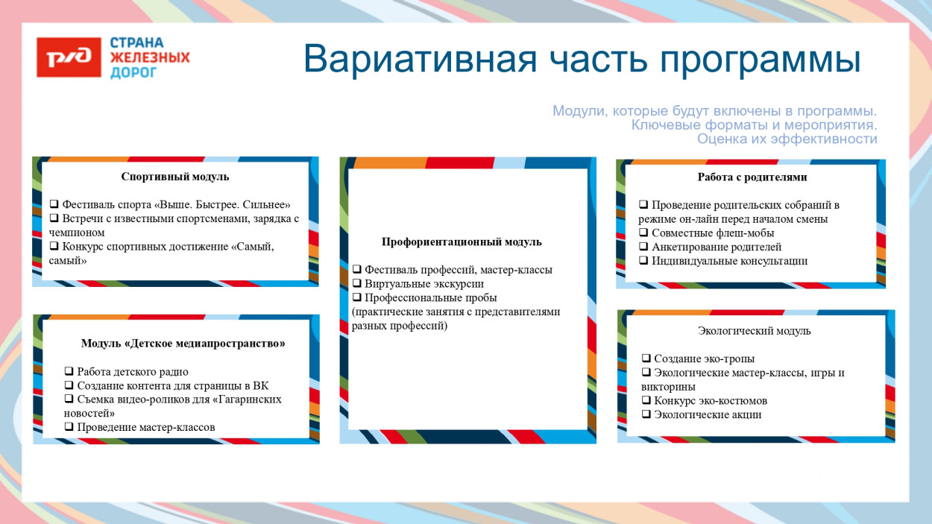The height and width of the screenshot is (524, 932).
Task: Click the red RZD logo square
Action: [69, 57]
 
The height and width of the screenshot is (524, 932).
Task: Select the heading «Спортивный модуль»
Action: [175, 177]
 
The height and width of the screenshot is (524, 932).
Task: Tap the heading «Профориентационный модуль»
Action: [462, 242]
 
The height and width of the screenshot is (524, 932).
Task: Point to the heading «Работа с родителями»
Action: [752, 177]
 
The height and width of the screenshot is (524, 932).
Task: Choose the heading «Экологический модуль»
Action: [754, 331]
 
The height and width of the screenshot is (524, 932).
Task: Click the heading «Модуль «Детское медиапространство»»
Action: [183, 344]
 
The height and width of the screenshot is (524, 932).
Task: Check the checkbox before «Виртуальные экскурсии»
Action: [357, 284]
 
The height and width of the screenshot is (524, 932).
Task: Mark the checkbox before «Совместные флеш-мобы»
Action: [643, 233]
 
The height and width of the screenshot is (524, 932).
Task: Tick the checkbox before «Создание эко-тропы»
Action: [646, 359]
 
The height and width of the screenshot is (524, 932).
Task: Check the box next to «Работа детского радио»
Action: [69, 372]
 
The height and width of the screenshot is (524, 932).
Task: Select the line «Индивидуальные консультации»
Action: [729, 261]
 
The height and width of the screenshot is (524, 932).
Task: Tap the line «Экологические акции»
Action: [708, 414]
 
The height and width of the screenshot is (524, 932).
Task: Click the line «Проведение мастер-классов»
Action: [145, 427]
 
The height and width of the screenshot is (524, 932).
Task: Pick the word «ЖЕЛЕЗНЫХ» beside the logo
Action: [150, 57]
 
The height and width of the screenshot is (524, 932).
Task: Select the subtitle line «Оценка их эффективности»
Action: [787, 139]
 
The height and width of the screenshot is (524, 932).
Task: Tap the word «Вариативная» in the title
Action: [420, 60]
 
